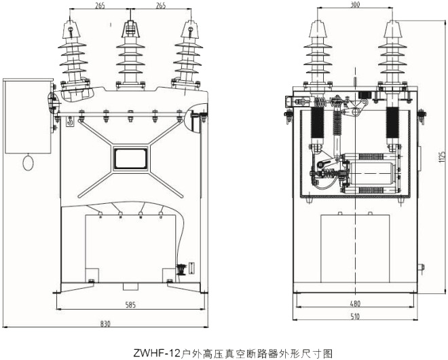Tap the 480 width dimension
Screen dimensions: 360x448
pos(354,304)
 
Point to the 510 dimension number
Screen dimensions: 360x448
pos(354,316)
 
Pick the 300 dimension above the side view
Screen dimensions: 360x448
pos(355,5)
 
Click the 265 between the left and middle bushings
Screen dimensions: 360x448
pos(100,6)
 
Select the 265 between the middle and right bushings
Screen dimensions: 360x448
pos(162,6)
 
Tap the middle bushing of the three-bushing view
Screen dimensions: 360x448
pos(131,54)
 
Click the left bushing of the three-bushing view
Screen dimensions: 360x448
pos(73,54)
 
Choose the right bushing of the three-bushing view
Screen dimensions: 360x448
pos(189,54)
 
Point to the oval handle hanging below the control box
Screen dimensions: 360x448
pos(29,163)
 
